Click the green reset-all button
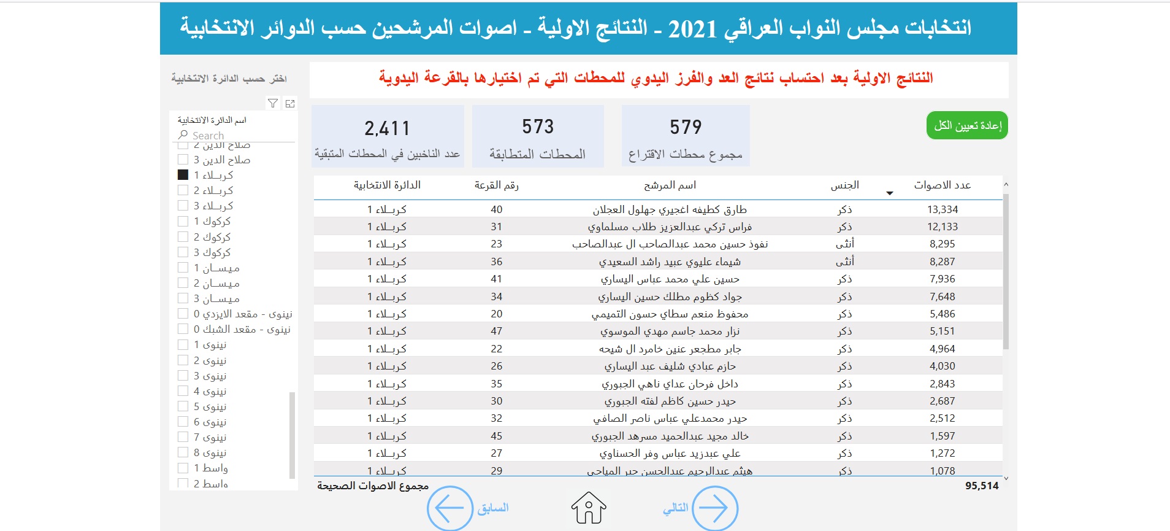click(x=966, y=125)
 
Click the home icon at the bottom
click(x=589, y=508)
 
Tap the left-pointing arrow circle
click(x=449, y=508)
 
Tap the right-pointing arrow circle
click(x=714, y=508)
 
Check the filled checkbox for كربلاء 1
click(x=183, y=175)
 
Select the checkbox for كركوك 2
click(x=183, y=237)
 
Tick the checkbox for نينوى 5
click(x=183, y=406)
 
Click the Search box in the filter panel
click(x=233, y=135)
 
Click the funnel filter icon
click(x=273, y=103)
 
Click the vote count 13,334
click(x=942, y=209)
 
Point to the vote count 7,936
click(x=942, y=279)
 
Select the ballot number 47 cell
click(x=496, y=331)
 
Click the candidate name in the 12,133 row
click(x=670, y=227)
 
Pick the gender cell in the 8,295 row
click(x=844, y=244)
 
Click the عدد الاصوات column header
click(x=942, y=185)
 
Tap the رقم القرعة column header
click(x=496, y=185)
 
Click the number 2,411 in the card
click(x=387, y=128)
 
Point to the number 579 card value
click(x=686, y=127)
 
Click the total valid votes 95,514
click(x=981, y=486)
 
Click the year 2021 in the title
click(x=692, y=28)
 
